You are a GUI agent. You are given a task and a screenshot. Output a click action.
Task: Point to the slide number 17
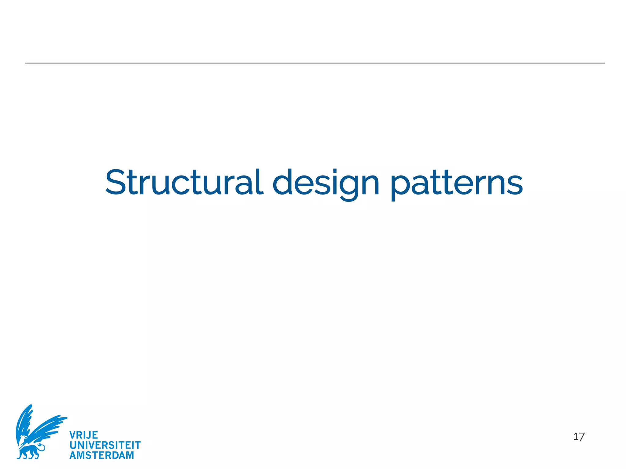point(579,437)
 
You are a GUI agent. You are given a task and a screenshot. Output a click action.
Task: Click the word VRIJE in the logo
point(84,435)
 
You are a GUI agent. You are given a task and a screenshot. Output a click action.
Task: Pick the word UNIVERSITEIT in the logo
point(105,445)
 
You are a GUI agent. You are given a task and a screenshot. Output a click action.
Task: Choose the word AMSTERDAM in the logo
point(102,455)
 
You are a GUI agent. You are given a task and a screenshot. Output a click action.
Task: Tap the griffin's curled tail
point(41,447)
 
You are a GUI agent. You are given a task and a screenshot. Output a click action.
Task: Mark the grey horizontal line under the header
point(315,63)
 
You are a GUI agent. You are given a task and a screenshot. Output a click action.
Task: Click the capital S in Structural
point(116,182)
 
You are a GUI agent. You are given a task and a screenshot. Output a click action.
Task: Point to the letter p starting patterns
point(400,186)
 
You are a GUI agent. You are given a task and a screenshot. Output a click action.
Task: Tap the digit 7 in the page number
point(581,437)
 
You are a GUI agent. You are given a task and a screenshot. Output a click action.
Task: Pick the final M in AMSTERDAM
point(130,455)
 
